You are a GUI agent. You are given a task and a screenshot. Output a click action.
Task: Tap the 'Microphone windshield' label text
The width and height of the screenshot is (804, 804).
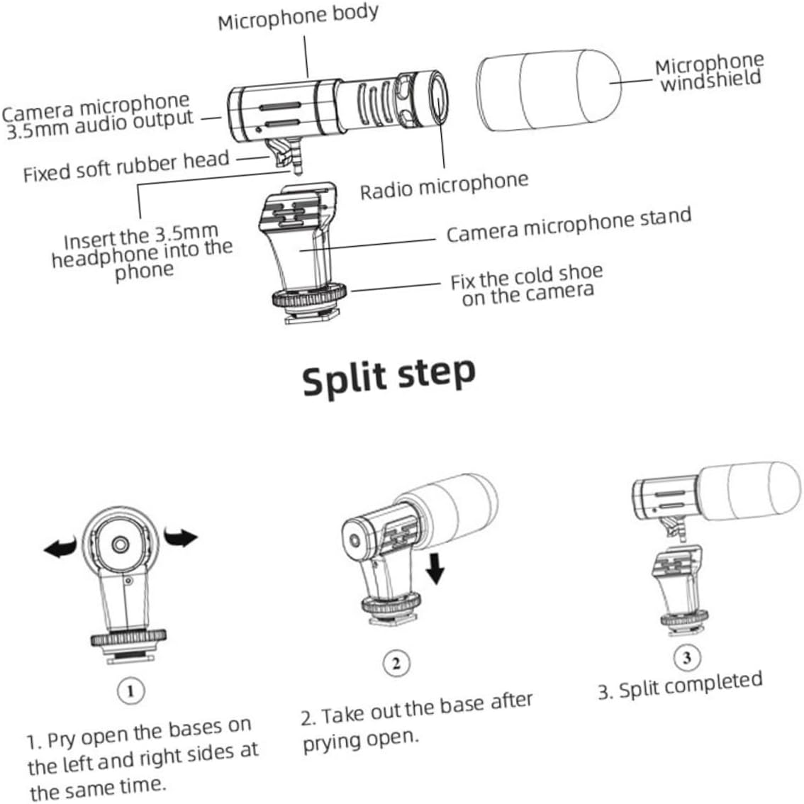click(x=709, y=72)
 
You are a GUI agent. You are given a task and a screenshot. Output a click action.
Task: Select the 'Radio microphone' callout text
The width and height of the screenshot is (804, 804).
click(x=444, y=186)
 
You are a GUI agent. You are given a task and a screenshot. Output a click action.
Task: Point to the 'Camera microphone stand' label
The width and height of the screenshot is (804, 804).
click(x=568, y=224)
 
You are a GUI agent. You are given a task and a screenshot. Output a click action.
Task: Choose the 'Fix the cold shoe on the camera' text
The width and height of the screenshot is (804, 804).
click(x=527, y=284)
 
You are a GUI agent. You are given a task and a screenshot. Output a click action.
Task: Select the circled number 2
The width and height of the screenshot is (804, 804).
click(x=396, y=664)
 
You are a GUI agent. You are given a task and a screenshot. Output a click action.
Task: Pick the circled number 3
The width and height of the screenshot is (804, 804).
click(x=686, y=657)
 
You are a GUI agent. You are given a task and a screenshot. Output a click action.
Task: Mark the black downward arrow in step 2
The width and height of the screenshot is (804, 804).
click(x=436, y=568)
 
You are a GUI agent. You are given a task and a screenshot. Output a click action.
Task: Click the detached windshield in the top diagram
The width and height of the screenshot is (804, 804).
click(x=549, y=89)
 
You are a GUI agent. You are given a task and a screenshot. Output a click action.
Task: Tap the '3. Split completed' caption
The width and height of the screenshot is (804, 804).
click(x=680, y=685)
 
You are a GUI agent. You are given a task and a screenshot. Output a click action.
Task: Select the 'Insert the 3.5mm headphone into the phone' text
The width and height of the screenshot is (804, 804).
click(x=142, y=252)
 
